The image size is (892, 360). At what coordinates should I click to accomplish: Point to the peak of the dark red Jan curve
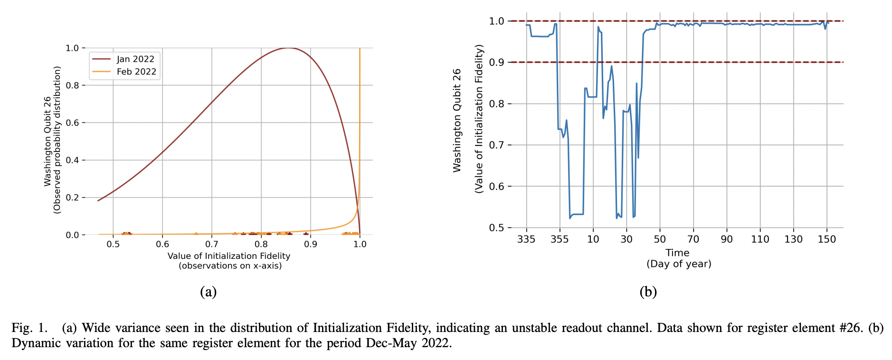(288, 48)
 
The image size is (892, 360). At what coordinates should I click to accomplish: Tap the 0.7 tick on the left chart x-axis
(212, 244)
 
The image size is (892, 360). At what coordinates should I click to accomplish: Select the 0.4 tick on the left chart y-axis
(72, 160)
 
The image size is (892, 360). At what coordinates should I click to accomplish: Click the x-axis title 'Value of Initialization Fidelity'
(228, 256)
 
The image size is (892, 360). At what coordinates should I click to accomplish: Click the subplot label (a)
(208, 291)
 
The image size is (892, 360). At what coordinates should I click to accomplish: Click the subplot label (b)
(648, 291)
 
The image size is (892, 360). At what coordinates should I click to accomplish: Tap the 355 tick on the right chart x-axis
(560, 239)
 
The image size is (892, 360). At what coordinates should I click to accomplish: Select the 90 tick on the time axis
(727, 239)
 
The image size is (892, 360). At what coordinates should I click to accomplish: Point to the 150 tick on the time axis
(826, 239)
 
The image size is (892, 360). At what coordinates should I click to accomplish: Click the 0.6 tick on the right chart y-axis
(496, 186)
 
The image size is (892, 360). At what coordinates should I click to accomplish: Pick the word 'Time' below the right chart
(677, 253)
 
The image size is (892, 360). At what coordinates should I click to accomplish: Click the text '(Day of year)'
(678, 264)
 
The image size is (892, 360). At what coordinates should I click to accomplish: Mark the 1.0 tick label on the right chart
(496, 21)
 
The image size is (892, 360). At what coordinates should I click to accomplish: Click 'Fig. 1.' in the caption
(29, 328)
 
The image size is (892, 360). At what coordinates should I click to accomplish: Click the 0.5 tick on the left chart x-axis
(113, 244)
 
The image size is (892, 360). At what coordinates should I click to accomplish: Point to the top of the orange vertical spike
(360, 48)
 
